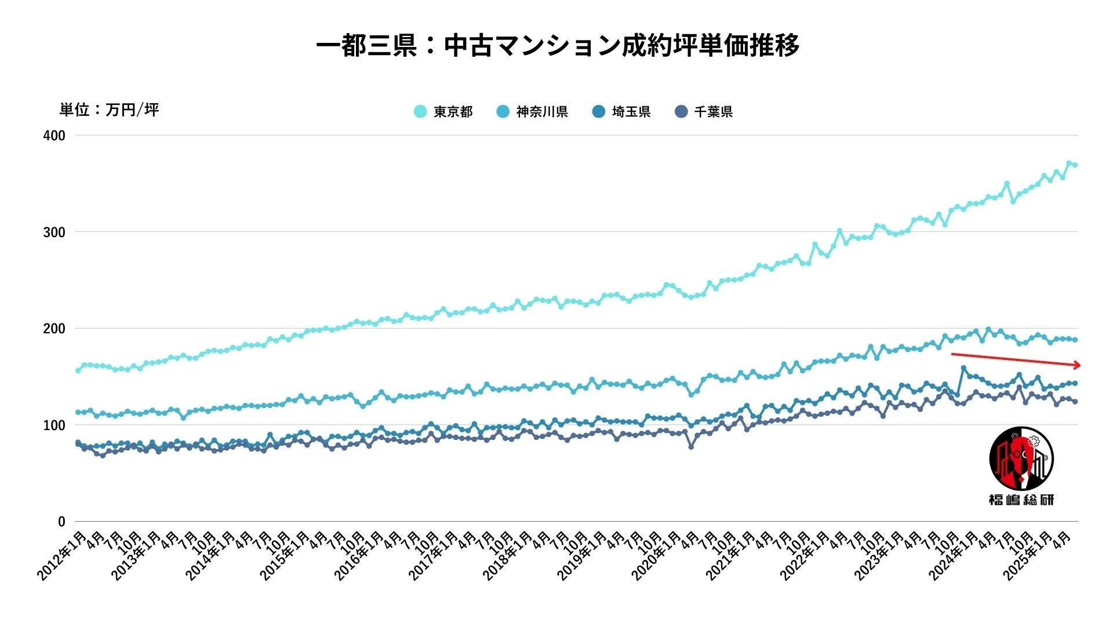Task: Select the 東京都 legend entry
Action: (443, 112)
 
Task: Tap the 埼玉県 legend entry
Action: (621, 112)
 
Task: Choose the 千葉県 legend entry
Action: (704, 112)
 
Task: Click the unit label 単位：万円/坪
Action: (109, 110)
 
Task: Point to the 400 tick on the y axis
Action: (54, 136)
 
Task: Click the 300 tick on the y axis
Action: (54, 232)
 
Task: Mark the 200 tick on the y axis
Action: (54, 329)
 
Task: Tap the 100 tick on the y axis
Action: (54, 425)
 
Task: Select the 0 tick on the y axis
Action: (61, 522)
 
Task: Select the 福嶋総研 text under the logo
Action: (1021, 500)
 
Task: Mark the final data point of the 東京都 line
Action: (1075, 165)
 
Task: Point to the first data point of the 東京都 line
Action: (78, 370)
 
